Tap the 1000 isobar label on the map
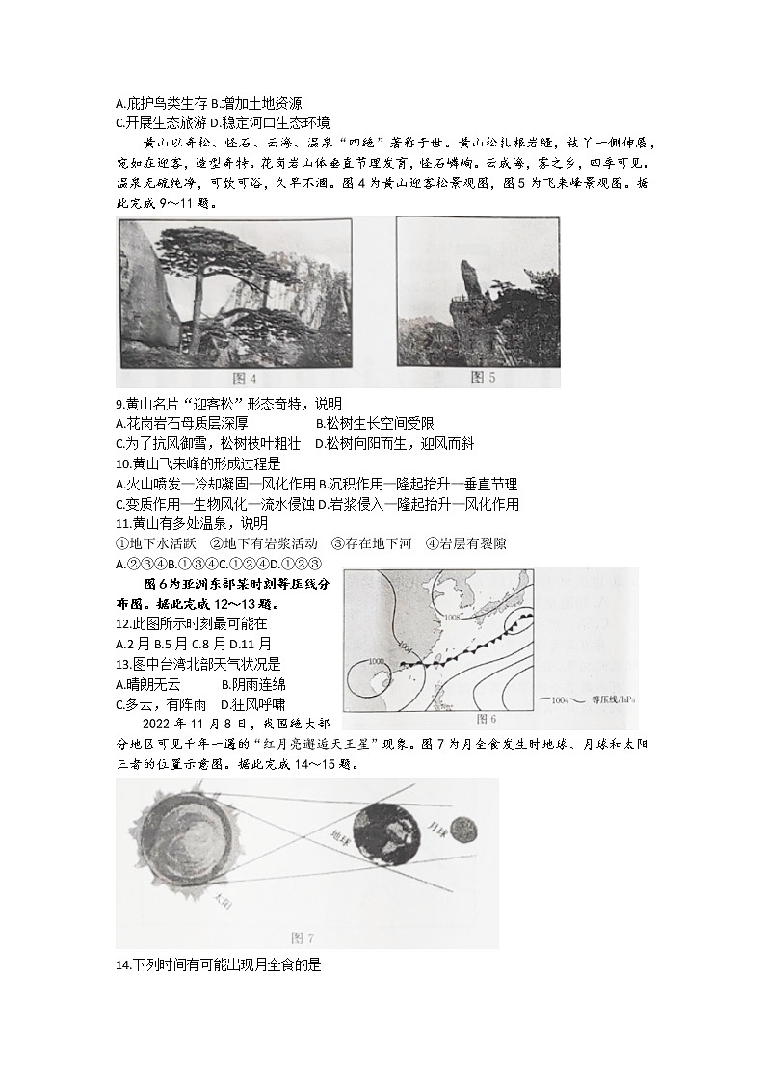[377, 661]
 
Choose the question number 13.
[121, 664]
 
